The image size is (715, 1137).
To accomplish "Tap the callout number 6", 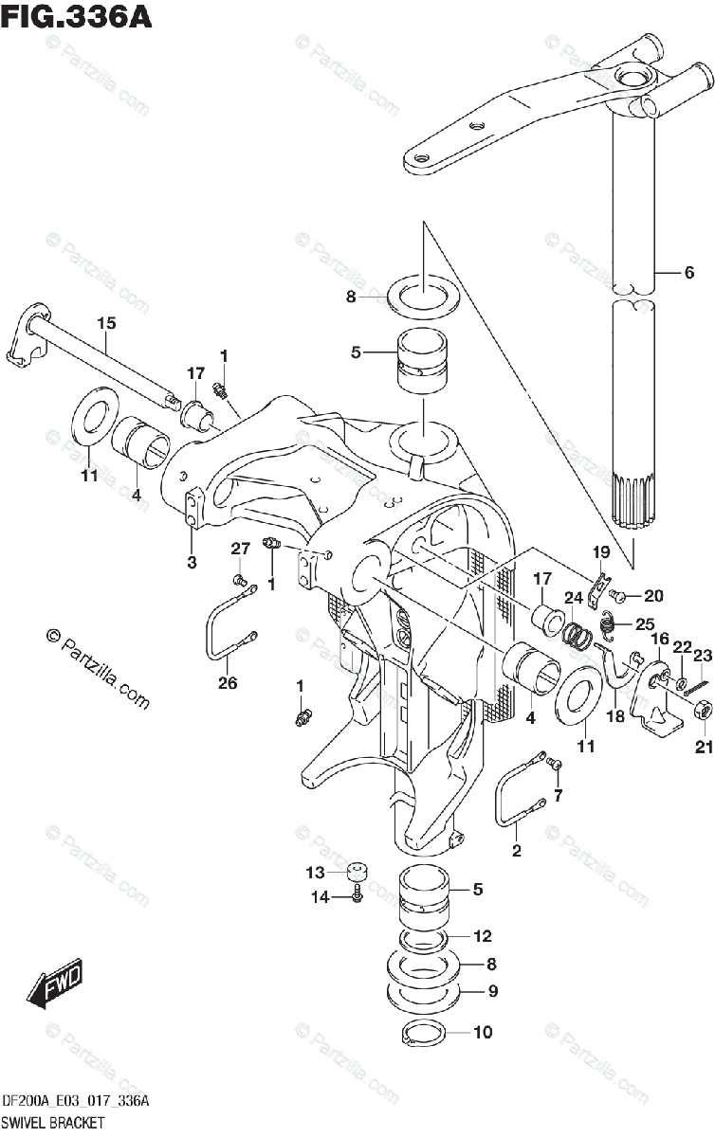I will click(x=689, y=273).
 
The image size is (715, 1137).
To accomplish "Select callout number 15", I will click(x=105, y=324).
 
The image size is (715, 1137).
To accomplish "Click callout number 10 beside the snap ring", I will click(x=483, y=1033).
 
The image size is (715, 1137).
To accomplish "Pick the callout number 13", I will click(x=315, y=872).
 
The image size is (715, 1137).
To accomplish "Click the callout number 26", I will click(x=228, y=682).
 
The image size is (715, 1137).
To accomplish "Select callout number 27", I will click(x=240, y=548).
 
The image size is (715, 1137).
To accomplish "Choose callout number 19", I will click(x=601, y=552).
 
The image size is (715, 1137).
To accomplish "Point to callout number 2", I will click(x=517, y=850).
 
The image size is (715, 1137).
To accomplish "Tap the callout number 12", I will click(x=483, y=936).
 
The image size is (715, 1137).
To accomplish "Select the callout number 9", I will click(x=491, y=992).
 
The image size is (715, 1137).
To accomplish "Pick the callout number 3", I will click(x=192, y=563).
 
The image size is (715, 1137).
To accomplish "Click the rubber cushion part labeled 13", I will click(x=357, y=871).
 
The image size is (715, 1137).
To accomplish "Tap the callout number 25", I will click(x=645, y=624).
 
